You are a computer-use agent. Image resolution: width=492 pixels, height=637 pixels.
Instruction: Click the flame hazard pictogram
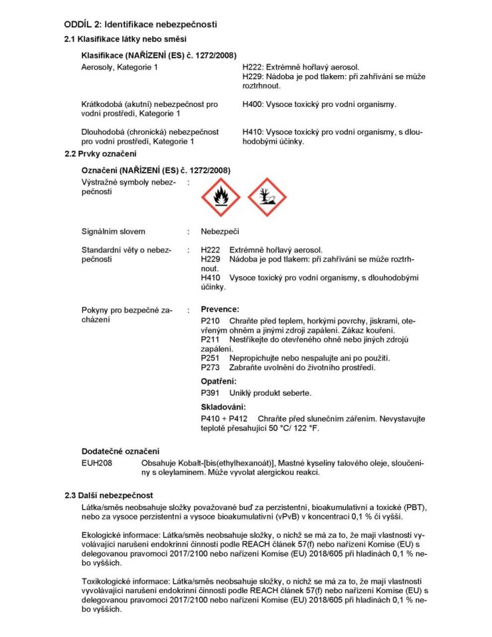click(220, 196)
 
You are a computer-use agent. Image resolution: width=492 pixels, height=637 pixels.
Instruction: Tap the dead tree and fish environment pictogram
click(267, 196)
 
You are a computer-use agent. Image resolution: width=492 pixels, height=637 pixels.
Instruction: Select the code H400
click(253, 104)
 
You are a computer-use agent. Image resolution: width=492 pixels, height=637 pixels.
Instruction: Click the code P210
click(211, 321)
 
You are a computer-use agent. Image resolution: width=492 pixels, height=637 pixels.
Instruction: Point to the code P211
click(211, 340)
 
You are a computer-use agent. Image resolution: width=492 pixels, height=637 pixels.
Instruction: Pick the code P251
click(211, 358)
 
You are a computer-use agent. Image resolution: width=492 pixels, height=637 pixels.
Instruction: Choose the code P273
click(211, 368)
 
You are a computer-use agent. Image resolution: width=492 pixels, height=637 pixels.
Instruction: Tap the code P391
click(211, 393)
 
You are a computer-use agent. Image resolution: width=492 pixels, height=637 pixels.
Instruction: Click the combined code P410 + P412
click(224, 418)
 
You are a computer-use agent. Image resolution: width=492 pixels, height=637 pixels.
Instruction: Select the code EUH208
click(96, 462)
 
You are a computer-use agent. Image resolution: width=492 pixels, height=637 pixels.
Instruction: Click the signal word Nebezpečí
click(220, 231)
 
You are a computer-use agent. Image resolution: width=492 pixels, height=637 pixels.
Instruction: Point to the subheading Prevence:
click(220, 309)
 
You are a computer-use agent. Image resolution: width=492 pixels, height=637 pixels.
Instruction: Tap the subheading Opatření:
click(219, 382)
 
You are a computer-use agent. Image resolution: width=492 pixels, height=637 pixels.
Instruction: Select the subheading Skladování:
click(223, 406)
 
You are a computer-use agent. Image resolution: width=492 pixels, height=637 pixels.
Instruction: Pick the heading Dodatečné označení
click(120, 451)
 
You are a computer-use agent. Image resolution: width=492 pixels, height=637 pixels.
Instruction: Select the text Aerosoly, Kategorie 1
click(120, 67)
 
